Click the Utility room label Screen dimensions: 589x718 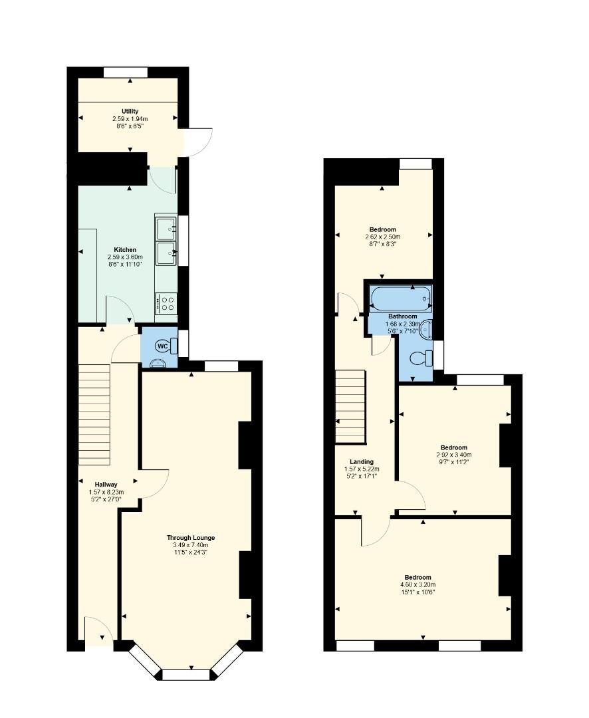(x=130, y=111)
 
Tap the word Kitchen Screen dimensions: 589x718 (x=125, y=250)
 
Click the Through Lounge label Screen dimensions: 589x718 (x=191, y=538)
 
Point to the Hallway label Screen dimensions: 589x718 (x=106, y=485)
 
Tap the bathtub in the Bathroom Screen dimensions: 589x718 (x=401, y=299)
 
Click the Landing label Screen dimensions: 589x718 (x=362, y=462)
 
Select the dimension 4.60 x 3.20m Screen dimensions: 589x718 (x=417, y=585)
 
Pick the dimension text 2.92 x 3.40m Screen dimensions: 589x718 (x=454, y=455)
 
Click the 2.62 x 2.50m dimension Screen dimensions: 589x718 (x=382, y=237)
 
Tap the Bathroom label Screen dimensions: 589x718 (x=403, y=316)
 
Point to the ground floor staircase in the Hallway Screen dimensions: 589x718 (x=95, y=415)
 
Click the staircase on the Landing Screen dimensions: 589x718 (x=351, y=407)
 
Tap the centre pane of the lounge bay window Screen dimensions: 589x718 (x=186, y=675)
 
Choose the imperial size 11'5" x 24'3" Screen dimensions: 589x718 (x=191, y=552)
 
